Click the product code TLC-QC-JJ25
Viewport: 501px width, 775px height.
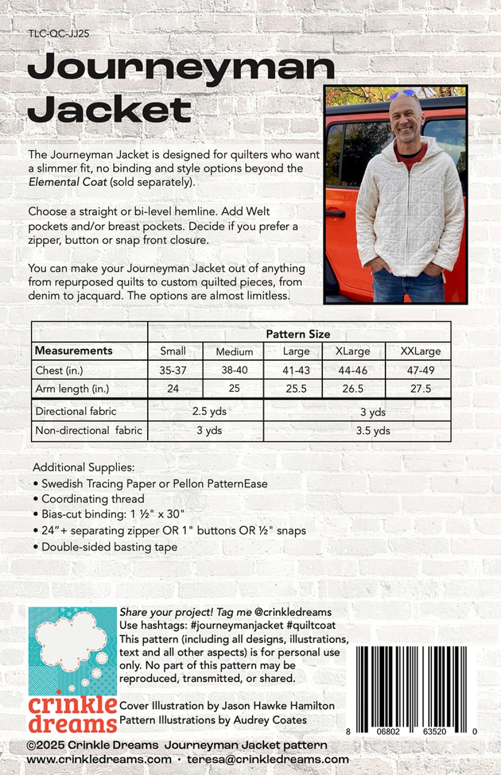[59, 34]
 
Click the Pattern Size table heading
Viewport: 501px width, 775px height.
[298, 334]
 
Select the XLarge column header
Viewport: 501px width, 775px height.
[353, 351]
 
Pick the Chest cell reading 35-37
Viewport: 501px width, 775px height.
[173, 370]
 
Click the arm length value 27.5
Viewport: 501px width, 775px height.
[420, 389]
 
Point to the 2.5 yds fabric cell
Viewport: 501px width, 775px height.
[209, 411]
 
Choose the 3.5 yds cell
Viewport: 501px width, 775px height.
[373, 431]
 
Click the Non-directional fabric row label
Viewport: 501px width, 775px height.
[89, 430]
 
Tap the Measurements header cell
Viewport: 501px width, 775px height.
[73, 351]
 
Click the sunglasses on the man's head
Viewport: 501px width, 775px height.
[402, 94]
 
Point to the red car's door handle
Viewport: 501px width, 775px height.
[336, 213]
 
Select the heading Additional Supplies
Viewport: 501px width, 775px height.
[84, 468]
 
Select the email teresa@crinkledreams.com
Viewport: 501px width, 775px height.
[268, 760]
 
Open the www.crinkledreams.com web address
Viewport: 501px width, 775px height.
[99, 760]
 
